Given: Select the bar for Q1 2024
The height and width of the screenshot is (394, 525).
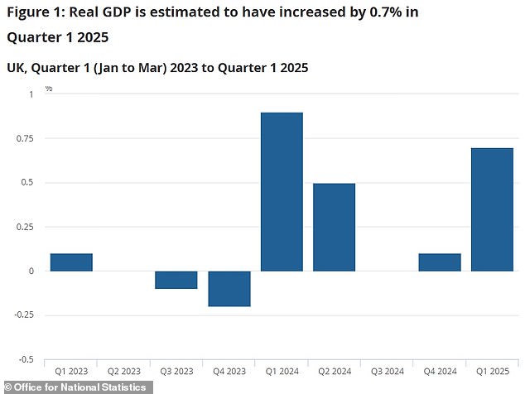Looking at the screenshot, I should point(282,191).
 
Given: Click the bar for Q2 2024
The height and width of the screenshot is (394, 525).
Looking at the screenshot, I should point(334,227).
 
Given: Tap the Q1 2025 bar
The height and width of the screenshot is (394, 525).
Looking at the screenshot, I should point(492,209).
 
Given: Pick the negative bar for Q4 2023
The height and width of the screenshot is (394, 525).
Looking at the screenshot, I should point(229,288).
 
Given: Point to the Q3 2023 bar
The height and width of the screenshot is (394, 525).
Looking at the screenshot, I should point(176,280).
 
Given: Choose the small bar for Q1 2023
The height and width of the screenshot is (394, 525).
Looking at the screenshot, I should point(71,262).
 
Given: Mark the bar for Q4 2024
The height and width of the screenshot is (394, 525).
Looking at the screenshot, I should point(439,262).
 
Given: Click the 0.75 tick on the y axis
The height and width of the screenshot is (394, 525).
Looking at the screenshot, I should point(26,138).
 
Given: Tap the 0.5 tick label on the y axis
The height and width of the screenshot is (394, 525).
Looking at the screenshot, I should point(29,182).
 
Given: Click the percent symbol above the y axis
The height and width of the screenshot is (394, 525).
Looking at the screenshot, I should point(49,88).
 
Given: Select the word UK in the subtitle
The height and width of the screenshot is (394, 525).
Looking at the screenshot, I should point(16,68).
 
